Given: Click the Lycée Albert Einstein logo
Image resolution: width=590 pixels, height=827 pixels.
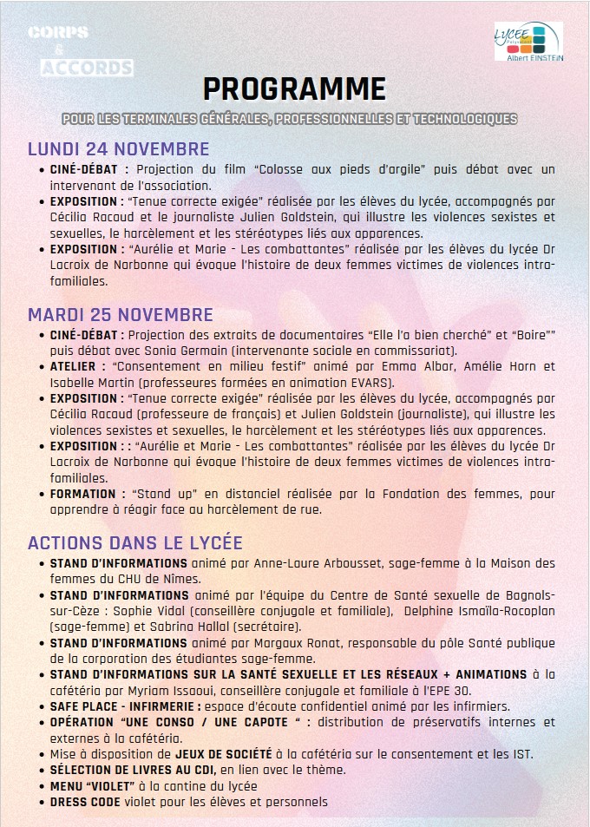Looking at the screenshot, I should tap(528, 42).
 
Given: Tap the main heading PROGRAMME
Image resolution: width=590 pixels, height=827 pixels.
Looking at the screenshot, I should tap(294, 89).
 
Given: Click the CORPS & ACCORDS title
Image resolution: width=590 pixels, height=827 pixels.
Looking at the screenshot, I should tap(79, 50).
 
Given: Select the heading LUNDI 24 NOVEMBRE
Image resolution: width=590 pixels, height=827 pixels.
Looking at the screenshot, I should tap(118, 148).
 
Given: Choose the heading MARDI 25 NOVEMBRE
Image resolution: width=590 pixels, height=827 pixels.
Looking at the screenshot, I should tap(120, 314).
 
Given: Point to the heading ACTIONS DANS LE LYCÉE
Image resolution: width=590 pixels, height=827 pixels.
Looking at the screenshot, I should tap(134, 543).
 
